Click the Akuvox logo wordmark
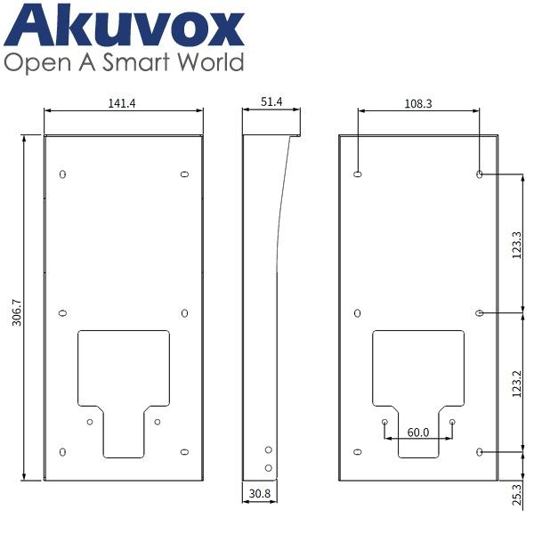tap(124, 26)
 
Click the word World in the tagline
tap(211, 62)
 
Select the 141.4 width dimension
tap(122, 103)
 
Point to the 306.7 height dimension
tap(16, 312)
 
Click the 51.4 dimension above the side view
tap(271, 101)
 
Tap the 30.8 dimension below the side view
tap(260, 493)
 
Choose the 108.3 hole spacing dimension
tap(418, 103)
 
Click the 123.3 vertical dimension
tap(516, 245)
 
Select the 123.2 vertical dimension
tap(516, 384)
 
